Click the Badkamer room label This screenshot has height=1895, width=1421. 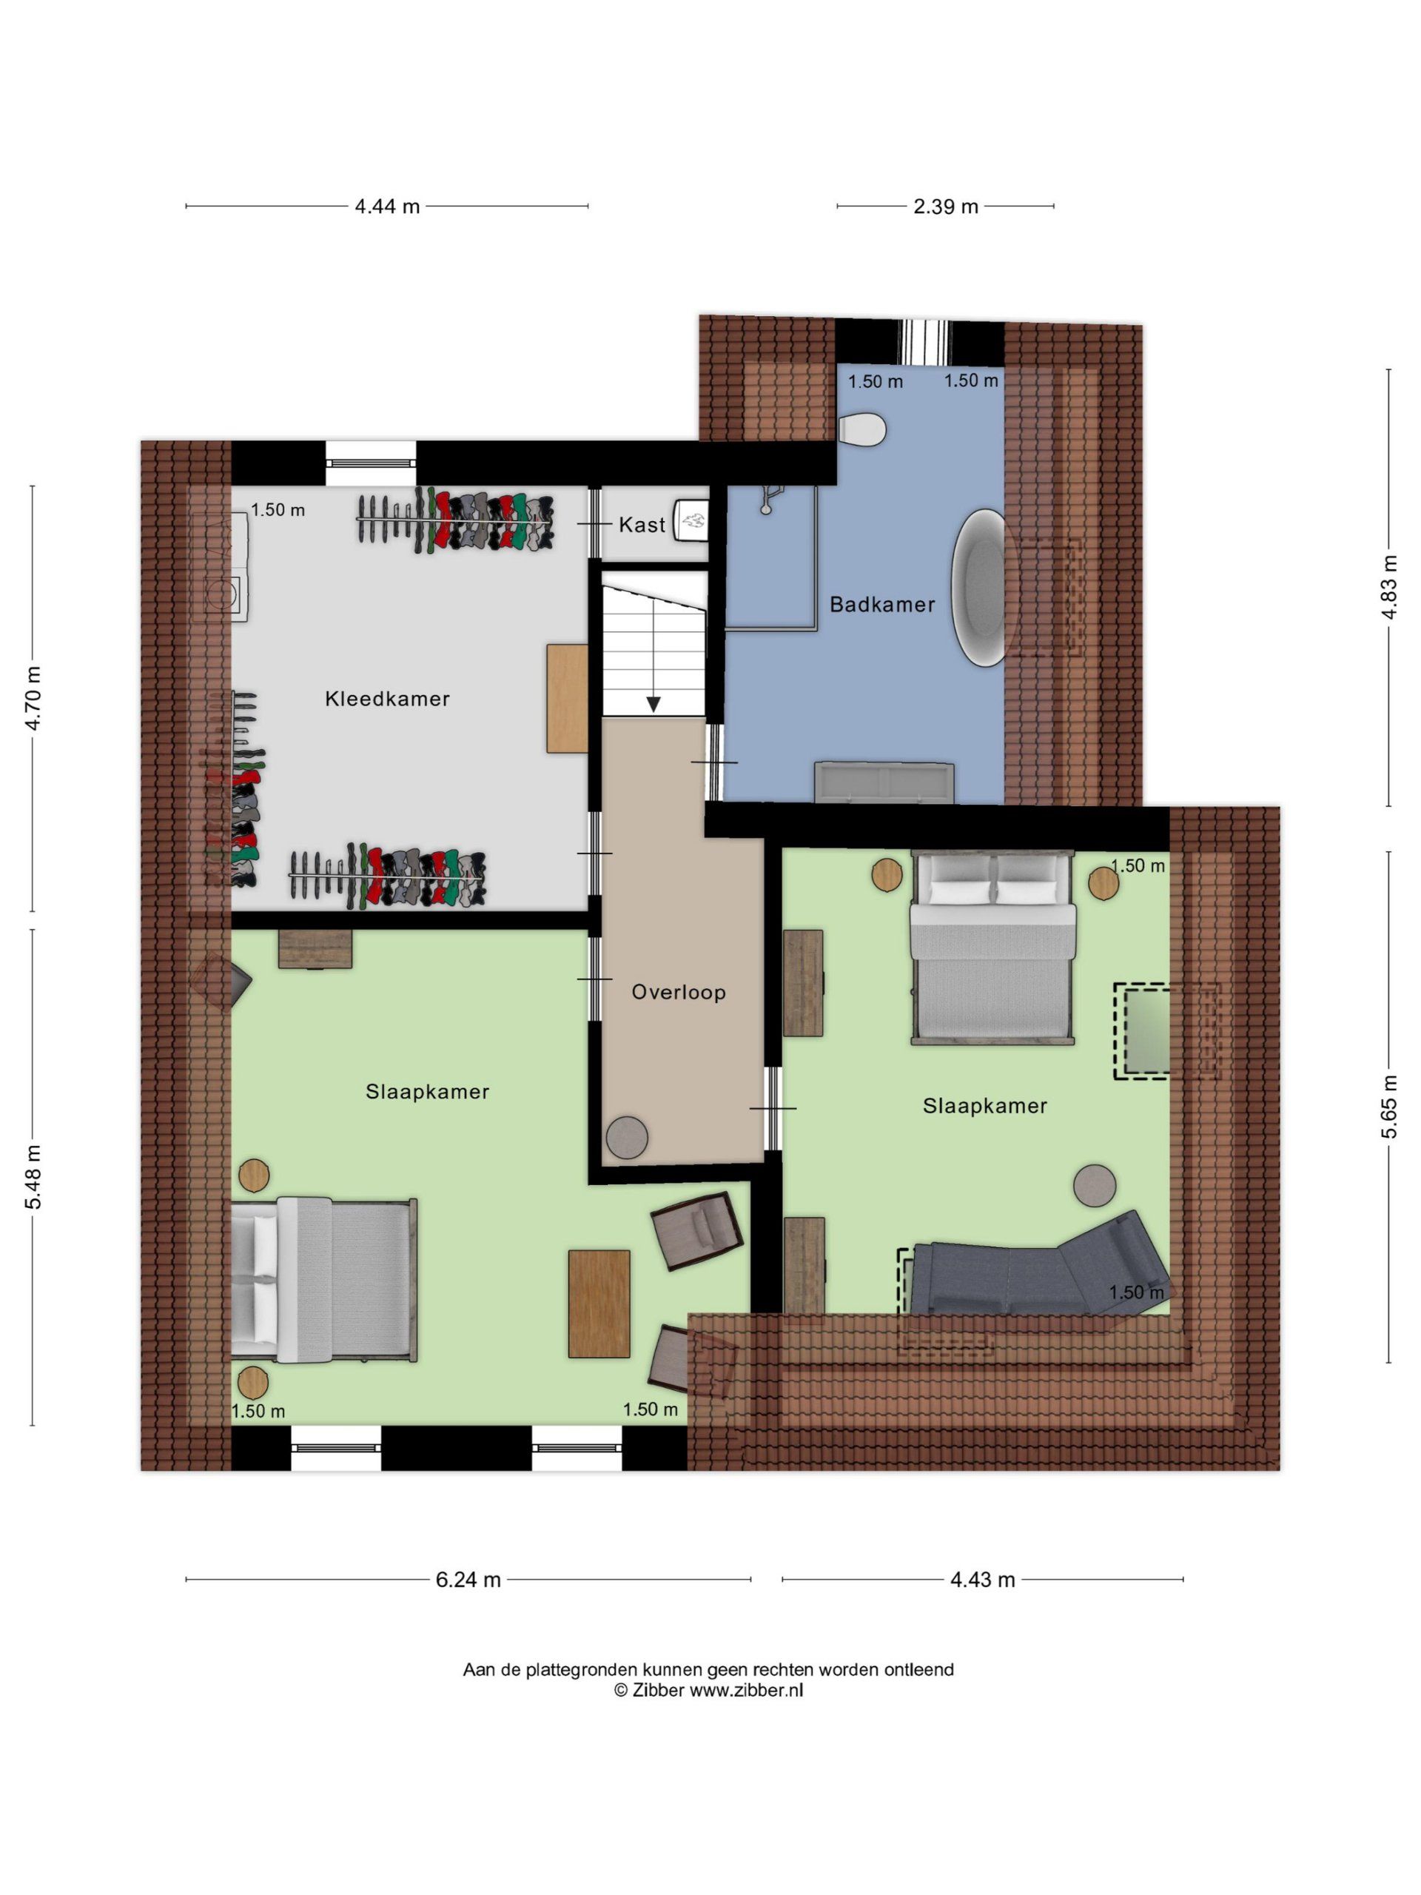pos(881,604)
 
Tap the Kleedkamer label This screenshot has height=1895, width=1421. pos(387,698)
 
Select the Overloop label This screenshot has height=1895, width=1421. pos(679,992)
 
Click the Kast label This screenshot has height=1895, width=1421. pos(642,524)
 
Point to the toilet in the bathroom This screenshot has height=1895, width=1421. pos(861,429)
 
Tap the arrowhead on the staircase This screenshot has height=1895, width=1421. pos(654,704)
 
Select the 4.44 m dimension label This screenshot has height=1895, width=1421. pos(387,207)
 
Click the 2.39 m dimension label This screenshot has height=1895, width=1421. pos(946,207)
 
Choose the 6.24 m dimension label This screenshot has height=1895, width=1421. pos(468,1580)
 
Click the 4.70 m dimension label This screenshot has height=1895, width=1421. pos(33,698)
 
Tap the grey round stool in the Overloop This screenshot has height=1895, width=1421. pos(627,1137)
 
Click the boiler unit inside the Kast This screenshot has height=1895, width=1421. pos(691,521)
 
